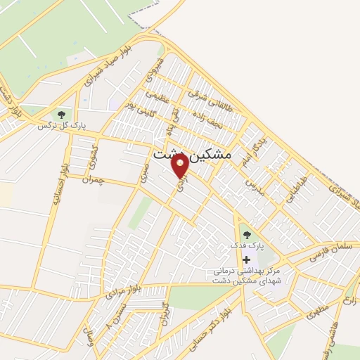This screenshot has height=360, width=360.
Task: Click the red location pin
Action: click(180, 166)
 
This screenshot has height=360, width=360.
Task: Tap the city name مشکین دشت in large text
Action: click(197, 153)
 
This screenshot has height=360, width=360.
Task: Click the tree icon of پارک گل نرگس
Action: click(61, 114)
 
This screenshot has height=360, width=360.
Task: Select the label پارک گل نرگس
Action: click(62, 126)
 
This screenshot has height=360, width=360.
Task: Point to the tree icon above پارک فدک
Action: click(245, 234)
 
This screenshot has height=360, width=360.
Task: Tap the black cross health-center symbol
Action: click(246, 259)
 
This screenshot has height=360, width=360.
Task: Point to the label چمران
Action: click(92, 181)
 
